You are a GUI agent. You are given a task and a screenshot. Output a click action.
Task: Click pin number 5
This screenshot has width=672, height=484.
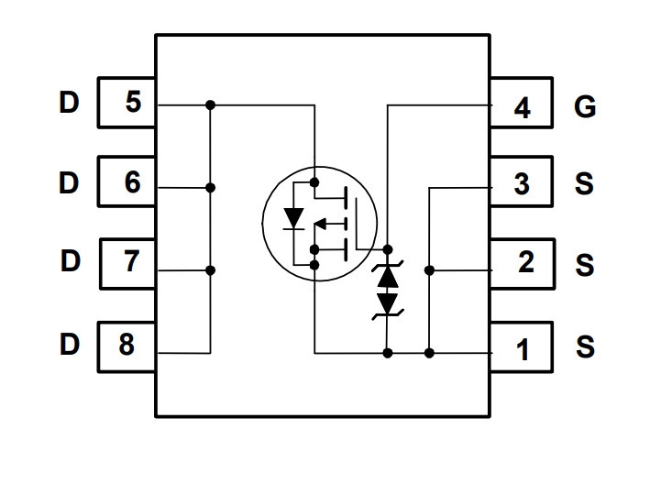133,102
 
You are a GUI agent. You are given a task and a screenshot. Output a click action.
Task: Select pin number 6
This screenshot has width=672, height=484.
132,181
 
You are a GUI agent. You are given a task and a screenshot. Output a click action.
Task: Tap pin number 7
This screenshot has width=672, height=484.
132,260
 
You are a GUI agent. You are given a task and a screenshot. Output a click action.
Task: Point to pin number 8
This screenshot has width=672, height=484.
127,344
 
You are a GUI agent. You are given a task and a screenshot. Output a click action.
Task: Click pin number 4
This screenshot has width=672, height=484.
522,107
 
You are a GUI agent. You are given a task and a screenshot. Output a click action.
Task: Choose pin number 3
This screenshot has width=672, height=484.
522,184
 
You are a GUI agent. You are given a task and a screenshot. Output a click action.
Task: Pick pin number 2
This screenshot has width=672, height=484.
526,261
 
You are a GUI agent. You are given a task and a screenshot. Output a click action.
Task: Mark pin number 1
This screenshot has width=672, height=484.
523,350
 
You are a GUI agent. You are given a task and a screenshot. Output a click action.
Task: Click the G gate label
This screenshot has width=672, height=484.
585,106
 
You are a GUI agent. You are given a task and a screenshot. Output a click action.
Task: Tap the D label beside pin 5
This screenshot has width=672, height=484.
69,103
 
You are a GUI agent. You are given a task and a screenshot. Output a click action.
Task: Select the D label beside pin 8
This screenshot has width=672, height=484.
70,345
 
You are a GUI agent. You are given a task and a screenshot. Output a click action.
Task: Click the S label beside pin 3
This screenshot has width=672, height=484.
584,184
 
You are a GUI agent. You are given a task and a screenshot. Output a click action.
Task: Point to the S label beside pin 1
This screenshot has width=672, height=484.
586,346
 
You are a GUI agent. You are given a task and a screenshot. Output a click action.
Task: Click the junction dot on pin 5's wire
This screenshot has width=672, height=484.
210,104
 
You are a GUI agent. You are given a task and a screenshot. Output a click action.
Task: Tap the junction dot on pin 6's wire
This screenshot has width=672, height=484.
210,188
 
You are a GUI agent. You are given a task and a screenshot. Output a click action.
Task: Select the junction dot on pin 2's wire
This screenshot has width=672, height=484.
429,270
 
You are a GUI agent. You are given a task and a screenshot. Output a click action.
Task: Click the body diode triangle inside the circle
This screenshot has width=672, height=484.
293,218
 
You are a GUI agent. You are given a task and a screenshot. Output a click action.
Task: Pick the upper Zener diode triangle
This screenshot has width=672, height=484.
388,277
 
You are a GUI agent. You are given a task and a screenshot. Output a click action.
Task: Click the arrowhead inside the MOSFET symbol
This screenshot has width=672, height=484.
320,224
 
